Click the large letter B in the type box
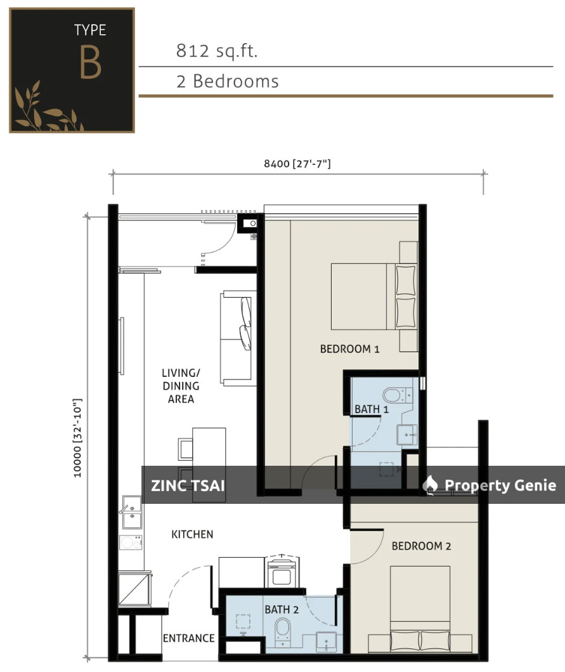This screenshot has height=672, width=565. pyautogui.click(x=90, y=62)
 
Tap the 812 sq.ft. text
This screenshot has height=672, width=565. pyautogui.click(x=217, y=51)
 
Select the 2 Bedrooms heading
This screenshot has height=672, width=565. pyautogui.click(x=227, y=81)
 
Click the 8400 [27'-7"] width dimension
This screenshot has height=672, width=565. pyautogui.click(x=297, y=164)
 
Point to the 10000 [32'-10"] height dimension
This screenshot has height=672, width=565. pyautogui.click(x=78, y=438)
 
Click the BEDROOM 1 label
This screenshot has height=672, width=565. pyautogui.click(x=349, y=348)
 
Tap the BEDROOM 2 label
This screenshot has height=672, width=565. pyautogui.click(x=421, y=546)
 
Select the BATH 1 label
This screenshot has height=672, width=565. pyautogui.click(x=371, y=409)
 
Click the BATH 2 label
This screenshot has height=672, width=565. pyautogui.click(x=282, y=609)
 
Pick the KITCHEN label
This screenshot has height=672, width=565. pyautogui.click(x=192, y=534)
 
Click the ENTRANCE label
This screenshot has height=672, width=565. pyautogui.click(x=188, y=638)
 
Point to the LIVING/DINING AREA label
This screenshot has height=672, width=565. pyautogui.click(x=181, y=386)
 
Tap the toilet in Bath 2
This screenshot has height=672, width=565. pyautogui.click(x=282, y=630)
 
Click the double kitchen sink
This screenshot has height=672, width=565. pyautogui.click(x=131, y=511)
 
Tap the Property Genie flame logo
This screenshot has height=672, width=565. pyautogui.click(x=431, y=485)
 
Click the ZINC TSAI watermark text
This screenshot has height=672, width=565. pyautogui.click(x=188, y=486)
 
